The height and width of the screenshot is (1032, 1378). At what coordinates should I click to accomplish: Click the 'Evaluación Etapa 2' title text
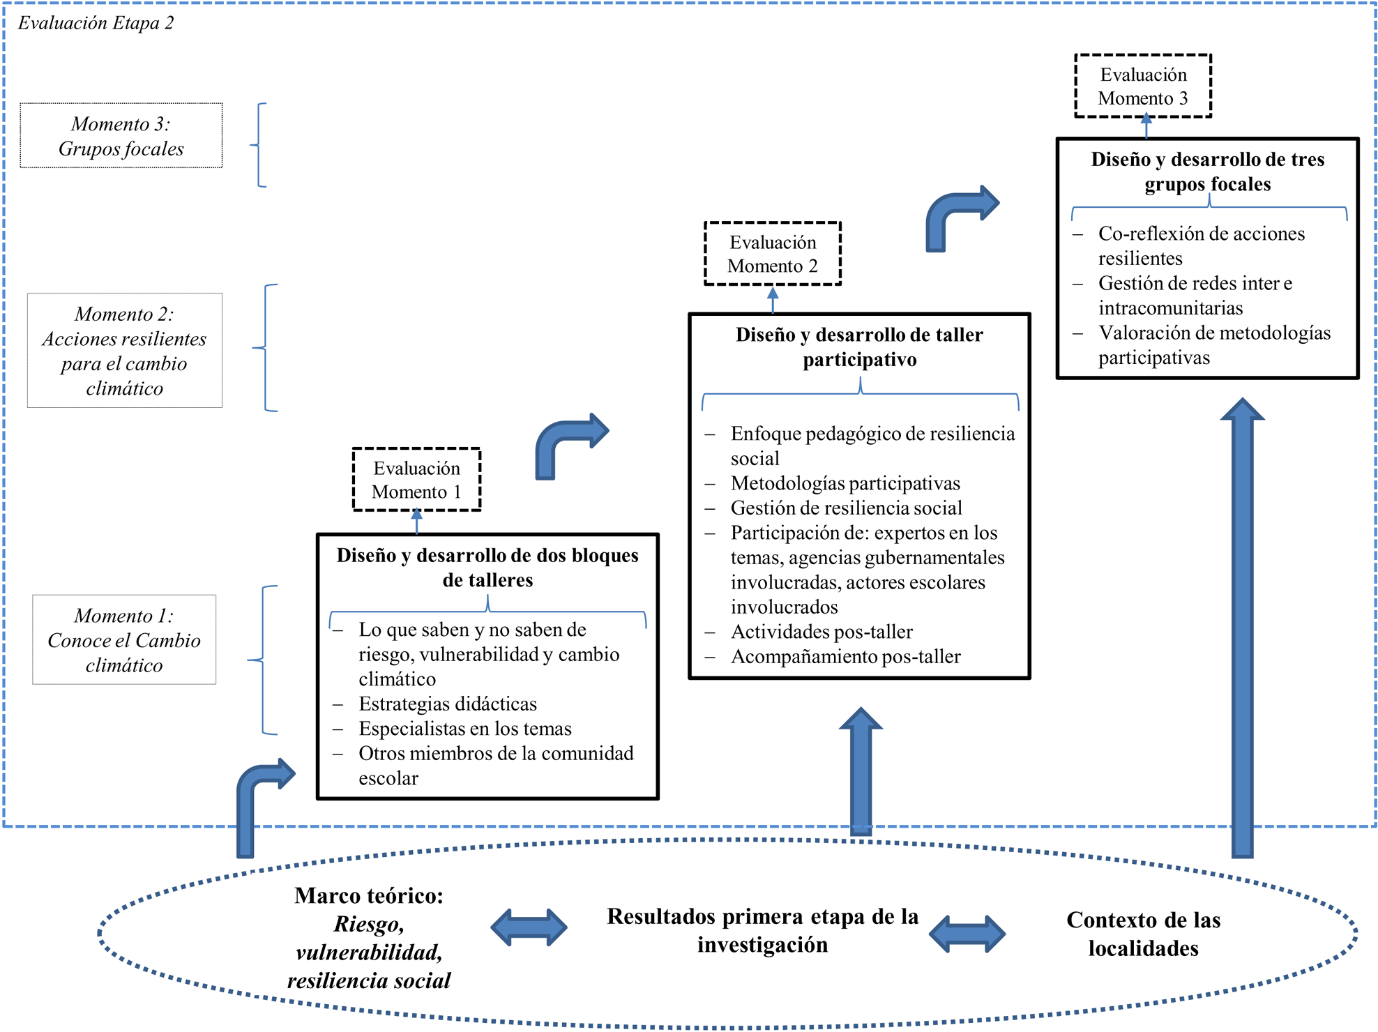[x=96, y=23]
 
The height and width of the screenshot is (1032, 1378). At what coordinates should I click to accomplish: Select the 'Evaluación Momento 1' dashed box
[x=416, y=480]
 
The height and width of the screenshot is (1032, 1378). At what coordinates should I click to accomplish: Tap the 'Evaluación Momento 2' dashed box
[x=772, y=254]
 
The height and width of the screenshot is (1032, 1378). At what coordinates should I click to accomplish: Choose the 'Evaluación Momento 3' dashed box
[x=1142, y=86]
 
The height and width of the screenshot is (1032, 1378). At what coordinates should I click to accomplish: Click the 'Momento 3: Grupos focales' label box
[x=121, y=136]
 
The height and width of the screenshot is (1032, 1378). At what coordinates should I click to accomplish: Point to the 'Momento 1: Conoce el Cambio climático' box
[x=124, y=640]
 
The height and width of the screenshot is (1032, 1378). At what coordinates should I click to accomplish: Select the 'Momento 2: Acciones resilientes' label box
[x=124, y=351]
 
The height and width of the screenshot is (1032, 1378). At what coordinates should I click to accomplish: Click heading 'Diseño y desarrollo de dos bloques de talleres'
[x=487, y=568]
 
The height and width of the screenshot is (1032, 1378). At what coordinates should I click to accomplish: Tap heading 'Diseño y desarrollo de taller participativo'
[x=859, y=347]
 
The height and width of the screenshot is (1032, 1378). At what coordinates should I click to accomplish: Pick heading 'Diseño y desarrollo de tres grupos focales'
[x=1207, y=172]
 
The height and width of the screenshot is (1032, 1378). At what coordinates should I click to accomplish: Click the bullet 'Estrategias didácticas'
[x=447, y=704]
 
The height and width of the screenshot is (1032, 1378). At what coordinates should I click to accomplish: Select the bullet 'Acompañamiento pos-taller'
[x=845, y=656]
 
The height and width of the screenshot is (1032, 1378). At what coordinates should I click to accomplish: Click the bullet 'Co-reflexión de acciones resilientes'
[x=1201, y=245]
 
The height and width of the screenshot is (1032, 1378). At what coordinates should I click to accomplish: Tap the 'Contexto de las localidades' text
[x=1143, y=934]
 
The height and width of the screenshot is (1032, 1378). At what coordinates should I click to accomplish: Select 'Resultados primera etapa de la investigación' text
[x=762, y=930]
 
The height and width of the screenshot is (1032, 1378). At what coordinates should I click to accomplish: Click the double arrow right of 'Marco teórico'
[x=529, y=927]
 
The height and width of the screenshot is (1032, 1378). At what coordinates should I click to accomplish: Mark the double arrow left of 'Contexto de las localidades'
[x=967, y=934]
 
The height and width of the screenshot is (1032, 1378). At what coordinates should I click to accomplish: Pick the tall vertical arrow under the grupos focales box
[x=1242, y=628]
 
